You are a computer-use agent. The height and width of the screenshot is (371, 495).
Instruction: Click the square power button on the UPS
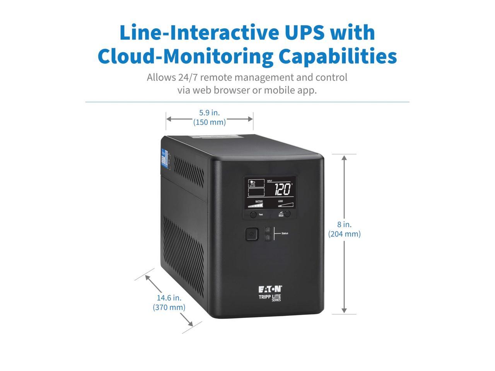click(x=251, y=234)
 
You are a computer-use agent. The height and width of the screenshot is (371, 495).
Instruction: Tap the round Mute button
click(x=287, y=213)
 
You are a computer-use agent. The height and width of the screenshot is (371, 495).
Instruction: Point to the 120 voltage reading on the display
click(x=283, y=189)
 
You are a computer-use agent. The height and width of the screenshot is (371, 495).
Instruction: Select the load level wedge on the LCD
click(x=285, y=205)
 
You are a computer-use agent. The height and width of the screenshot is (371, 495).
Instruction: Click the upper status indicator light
click(x=268, y=230)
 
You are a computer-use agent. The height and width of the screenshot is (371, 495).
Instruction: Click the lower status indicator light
click(x=268, y=238)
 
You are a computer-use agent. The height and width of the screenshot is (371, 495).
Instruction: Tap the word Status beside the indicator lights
click(x=285, y=233)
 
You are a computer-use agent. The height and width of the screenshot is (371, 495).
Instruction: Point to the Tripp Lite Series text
click(x=270, y=297)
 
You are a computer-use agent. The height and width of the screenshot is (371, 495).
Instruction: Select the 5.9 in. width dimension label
click(x=209, y=113)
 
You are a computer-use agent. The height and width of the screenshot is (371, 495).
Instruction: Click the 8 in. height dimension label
click(x=344, y=225)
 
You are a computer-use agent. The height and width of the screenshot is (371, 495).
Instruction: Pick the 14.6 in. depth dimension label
click(x=169, y=298)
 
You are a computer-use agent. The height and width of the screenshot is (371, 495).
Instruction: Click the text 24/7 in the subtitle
click(x=188, y=77)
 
